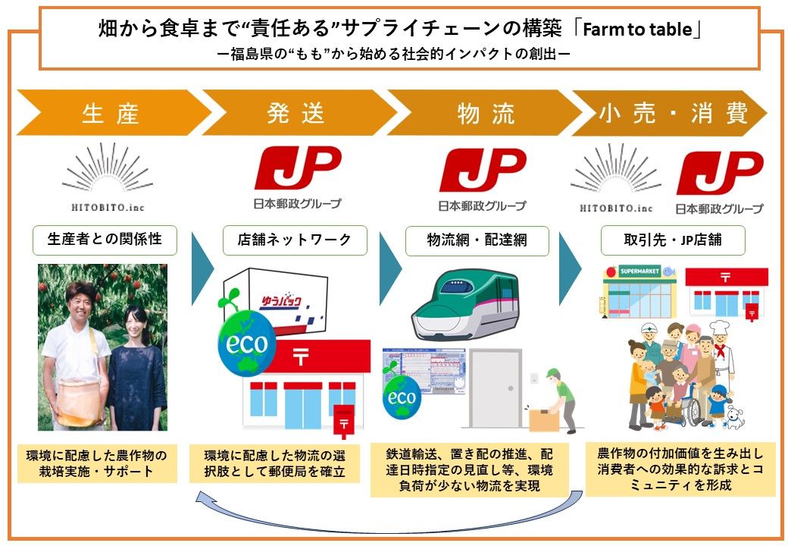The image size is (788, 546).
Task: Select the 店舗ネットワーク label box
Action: point(295,240)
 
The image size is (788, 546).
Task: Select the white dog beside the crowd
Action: point(733,416)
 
